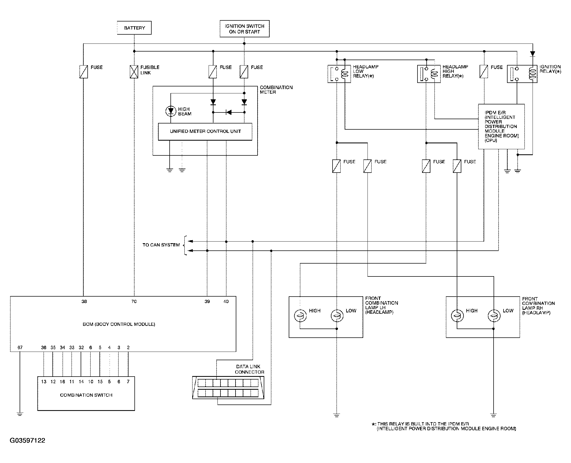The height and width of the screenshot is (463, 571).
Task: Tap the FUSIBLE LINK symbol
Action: [134, 72]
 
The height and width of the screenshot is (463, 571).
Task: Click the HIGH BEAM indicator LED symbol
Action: [171, 111]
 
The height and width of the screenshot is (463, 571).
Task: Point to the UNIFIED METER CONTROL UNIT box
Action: [205, 132]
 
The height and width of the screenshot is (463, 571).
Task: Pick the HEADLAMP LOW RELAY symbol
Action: [339, 74]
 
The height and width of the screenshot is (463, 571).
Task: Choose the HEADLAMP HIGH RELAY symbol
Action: [429, 74]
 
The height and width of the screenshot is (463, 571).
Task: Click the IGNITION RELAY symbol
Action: [522, 74]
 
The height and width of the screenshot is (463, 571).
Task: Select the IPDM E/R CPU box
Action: [501, 126]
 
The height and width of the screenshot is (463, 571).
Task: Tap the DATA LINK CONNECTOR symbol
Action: [228, 388]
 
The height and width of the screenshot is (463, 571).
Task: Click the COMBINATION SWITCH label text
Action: [86, 395]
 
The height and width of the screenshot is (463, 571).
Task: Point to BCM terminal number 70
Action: [134, 301]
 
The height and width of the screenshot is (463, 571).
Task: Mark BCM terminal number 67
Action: [20, 348]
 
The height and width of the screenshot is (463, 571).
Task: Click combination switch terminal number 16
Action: [62, 382]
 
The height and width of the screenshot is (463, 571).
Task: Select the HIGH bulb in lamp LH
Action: [300, 316]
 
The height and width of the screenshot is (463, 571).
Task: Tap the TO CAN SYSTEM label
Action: [161, 245]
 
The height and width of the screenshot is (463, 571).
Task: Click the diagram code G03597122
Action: [27, 440]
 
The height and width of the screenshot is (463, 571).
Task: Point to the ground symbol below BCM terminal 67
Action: [20, 414]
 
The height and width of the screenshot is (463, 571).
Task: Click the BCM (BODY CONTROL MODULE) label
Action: [119, 324]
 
